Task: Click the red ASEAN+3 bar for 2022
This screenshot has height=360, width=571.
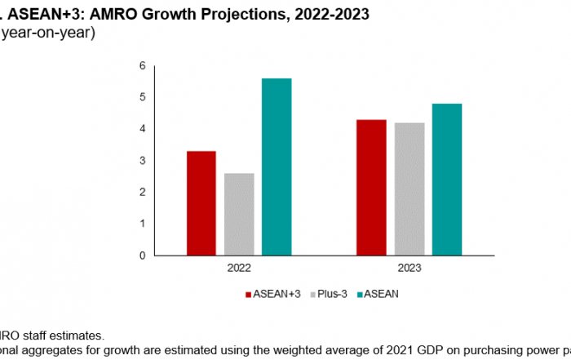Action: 201,203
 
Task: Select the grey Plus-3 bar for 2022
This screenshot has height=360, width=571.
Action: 239,214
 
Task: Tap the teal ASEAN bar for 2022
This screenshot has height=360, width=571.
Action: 277,167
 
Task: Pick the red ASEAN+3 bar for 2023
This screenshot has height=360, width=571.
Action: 371,187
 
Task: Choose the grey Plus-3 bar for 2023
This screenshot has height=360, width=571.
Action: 409,189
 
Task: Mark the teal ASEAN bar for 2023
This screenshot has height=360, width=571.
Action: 446,180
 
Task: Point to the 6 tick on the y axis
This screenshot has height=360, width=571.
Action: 142,65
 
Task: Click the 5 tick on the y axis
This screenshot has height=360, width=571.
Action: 142,97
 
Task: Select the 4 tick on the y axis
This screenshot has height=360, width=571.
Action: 142,129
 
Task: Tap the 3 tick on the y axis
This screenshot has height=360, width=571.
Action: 142,160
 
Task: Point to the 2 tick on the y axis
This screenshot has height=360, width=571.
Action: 142,192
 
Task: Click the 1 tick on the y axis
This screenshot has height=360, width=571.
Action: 142,223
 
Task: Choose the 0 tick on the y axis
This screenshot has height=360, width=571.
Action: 142,255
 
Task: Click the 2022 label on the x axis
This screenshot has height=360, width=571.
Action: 239,267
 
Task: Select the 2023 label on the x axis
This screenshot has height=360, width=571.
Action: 409,267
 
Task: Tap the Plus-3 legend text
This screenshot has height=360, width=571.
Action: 326,293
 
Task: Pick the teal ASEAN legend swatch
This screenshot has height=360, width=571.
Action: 359,293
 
